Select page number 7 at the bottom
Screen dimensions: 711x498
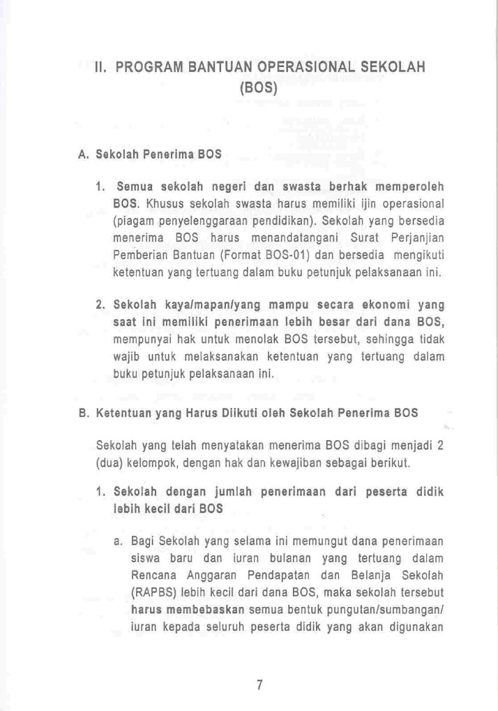coord(259,685)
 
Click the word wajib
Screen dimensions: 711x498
coord(126,356)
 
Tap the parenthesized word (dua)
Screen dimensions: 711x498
coord(110,463)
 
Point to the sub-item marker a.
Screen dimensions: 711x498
coord(117,541)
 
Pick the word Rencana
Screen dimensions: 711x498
coord(153,576)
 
